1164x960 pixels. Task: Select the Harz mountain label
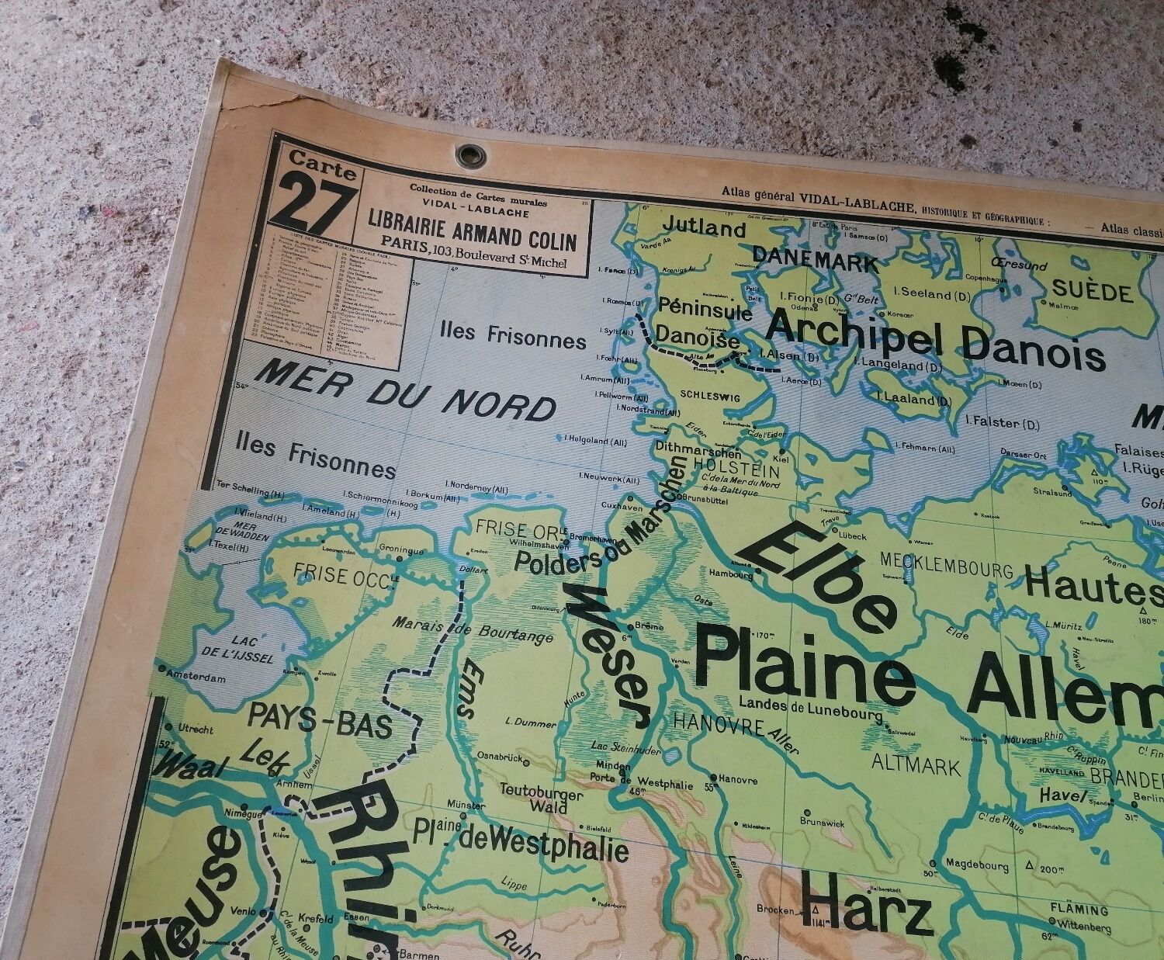865,909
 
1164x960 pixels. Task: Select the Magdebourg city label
976,865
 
